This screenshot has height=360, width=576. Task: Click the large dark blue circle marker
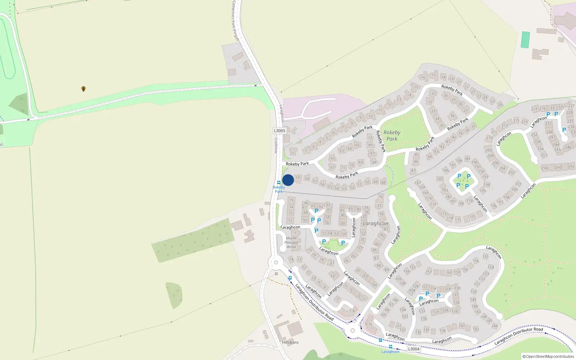(288, 180)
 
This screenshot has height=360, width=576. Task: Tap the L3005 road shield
(279, 131)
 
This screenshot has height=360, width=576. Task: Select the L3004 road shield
(414, 349)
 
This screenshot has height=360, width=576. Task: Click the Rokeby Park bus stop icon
(279, 183)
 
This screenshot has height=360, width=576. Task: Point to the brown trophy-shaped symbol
(84, 89)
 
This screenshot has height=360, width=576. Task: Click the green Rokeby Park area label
(392, 135)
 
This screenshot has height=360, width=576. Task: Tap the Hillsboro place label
(290, 342)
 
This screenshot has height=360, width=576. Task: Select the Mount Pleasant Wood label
(291, 242)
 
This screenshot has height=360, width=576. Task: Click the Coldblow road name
(276, 145)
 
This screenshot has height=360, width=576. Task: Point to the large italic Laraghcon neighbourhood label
(375, 223)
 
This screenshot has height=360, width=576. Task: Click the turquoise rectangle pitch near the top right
(526, 40)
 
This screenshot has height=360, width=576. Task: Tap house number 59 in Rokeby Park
(297, 177)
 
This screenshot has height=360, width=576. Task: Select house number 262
(571, 166)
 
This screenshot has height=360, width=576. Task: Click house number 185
(440, 179)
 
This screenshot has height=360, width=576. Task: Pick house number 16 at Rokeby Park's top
(423, 77)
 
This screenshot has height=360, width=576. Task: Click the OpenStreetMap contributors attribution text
(548, 356)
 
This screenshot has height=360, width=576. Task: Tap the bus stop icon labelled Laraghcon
(391, 347)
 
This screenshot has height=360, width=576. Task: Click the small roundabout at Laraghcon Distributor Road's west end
(276, 262)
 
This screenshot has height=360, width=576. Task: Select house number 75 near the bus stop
(291, 200)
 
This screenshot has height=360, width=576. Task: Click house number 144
(495, 326)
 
